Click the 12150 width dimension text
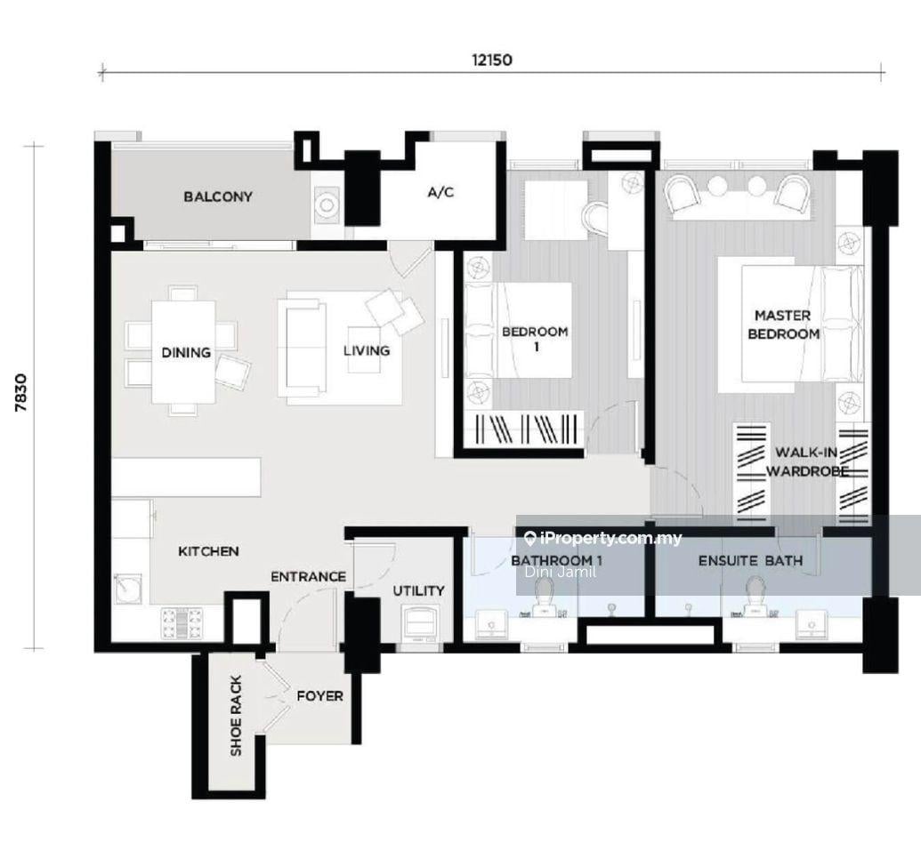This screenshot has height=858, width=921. (x=491, y=60)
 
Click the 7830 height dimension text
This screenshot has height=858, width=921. (x=21, y=392)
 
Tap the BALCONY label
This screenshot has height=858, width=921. (x=218, y=196)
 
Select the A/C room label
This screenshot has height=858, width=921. (x=440, y=192)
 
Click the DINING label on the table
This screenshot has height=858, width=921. (x=186, y=352)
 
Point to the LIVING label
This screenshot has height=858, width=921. (x=367, y=350)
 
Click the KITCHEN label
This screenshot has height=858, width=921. (x=208, y=551)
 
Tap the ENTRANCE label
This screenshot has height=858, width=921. (x=308, y=577)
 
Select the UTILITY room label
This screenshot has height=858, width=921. (x=418, y=590)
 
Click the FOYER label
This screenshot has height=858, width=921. (x=319, y=696)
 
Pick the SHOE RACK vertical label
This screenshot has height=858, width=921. (x=236, y=716)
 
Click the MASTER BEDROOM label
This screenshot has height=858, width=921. (x=783, y=325)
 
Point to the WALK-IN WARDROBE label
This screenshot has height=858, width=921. (x=807, y=461)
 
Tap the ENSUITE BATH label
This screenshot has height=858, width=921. (x=750, y=560)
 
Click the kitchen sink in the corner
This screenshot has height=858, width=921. (x=129, y=588)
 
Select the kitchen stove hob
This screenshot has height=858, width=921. (x=182, y=622)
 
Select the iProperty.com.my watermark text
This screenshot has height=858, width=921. (x=604, y=538)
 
